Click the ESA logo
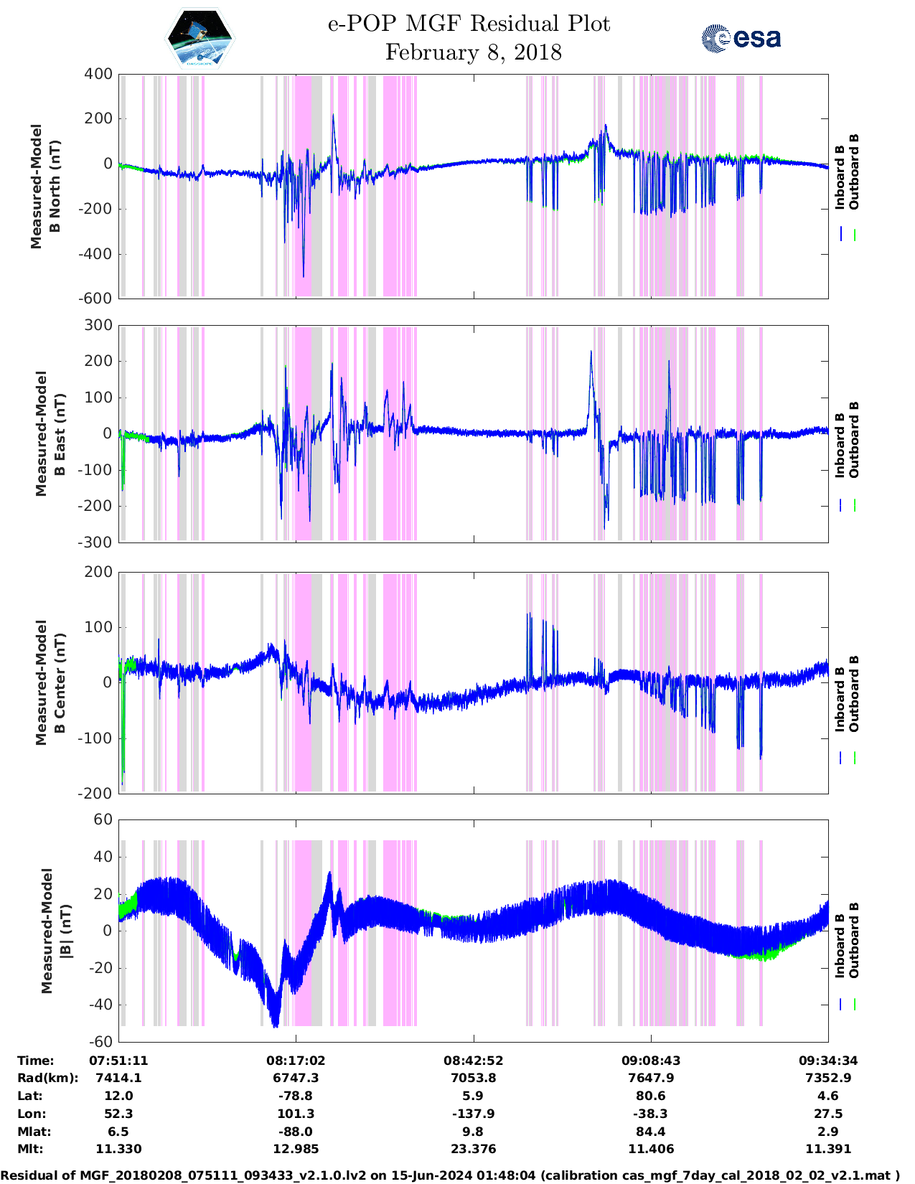pyautogui.click(x=741, y=37)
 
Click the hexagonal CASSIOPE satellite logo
pyautogui.click(x=200, y=38)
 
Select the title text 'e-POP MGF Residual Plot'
pyautogui.click(x=469, y=24)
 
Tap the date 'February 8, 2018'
pyautogui.click(x=473, y=52)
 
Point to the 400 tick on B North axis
pyautogui.click(x=98, y=74)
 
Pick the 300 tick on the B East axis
pyautogui.click(x=98, y=325)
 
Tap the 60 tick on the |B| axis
pyautogui.click(x=103, y=819)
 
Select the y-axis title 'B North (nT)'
pyautogui.click(x=55, y=187)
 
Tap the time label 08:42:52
pyautogui.click(x=473, y=1061)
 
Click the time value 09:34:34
pyautogui.click(x=828, y=1061)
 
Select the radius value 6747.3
pyautogui.click(x=296, y=1078)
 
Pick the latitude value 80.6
pyautogui.click(x=651, y=1096)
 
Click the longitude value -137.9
pyautogui.click(x=473, y=1114)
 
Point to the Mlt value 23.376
pyautogui.click(x=473, y=1149)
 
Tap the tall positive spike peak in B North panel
pyautogui.click(x=333, y=115)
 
